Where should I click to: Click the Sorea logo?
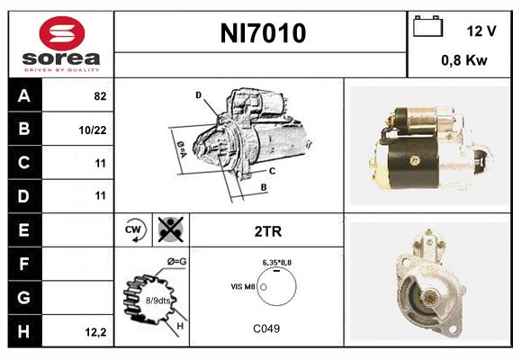click(x=60, y=44)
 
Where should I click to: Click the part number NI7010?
click(x=263, y=33)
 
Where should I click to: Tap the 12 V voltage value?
click(x=481, y=31)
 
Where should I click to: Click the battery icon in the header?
click(x=428, y=27)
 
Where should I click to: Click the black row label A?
click(x=23, y=96)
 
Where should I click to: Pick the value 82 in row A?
click(x=100, y=96)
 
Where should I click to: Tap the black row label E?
click(x=23, y=230)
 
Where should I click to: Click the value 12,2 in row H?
click(x=95, y=332)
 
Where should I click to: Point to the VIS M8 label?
click(x=244, y=285)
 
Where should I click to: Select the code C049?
click(x=266, y=328)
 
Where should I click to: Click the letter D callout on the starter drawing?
click(x=198, y=94)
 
